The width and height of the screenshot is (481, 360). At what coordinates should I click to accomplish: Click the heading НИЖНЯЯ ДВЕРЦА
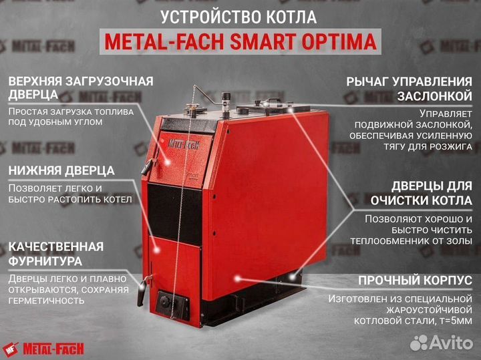pyautogui.click(x=61, y=170)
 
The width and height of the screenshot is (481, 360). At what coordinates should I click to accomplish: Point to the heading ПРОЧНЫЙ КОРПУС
pyautogui.click(x=415, y=280)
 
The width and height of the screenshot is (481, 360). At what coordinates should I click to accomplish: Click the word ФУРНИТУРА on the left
pyautogui.click(x=45, y=260)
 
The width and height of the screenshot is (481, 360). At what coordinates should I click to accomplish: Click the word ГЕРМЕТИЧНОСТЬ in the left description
pyautogui.click(x=47, y=301)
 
